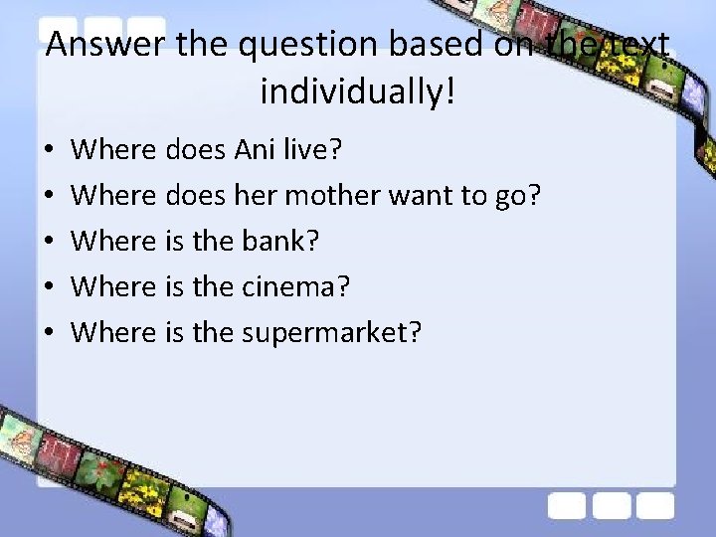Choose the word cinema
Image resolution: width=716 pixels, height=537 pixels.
[295, 287]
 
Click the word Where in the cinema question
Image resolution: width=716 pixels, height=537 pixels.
[114, 287]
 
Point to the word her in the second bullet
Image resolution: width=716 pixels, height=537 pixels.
[256, 196]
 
